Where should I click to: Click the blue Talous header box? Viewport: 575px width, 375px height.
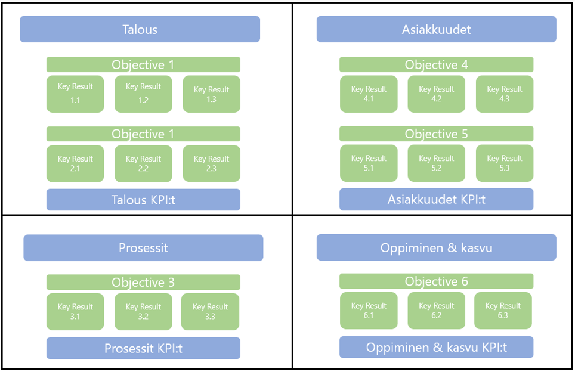pyautogui.click(x=140, y=29)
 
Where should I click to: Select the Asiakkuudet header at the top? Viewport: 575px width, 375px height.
pyautogui.click(x=436, y=29)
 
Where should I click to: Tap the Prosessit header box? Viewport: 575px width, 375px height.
pyautogui.click(x=143, y=247)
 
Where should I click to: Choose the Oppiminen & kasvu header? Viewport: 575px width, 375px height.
pyautogui.click(x=436, y=247)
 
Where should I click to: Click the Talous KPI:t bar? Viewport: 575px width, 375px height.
pyautogui.click(x=143, y=200)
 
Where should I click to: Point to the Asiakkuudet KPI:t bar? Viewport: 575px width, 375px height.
pyautogui.click(x=436, y=199)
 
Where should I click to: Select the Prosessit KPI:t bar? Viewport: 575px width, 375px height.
pyautogui.click(x=143, y=348)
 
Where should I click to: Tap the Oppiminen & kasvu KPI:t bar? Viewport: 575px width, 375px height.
pyautogui.click(x=436, y=347)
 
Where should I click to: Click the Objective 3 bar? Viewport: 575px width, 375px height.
pyautogui.click(x=143, y=282)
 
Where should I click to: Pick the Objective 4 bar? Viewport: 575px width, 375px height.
pyautogui.click(x=436, y=64)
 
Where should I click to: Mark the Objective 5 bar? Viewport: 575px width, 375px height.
pyautogui.click(x=436, y=134)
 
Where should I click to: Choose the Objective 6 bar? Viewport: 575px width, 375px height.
pyautogui.click(x=436, y=281)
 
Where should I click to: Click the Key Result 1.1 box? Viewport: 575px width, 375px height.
pyautogui.click(x=75, y=94)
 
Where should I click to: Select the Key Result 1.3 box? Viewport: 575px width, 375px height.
pyautogui.click(x=211, y=94)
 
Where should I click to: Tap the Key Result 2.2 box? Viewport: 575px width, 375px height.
pyautogui.click(x=143, y=163)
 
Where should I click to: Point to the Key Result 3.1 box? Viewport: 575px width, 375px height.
pyautogui.click(x=75, y=311)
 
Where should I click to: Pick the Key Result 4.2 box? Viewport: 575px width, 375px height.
pyautogui.click(x=436, y=94)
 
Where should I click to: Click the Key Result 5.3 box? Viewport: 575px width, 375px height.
pyautogui.click(x=504, y=163)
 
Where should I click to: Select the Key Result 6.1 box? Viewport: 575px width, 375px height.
pyautogui.click(x=369, y=310)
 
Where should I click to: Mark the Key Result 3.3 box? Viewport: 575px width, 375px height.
pyautogui.click(x=210, y=311)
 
